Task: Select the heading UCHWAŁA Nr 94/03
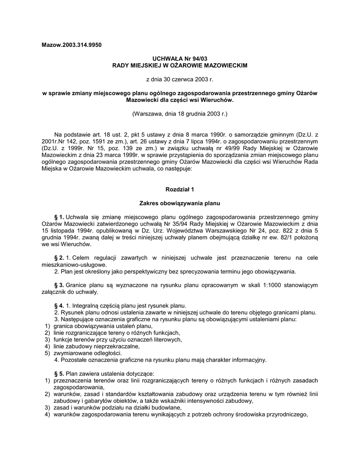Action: tap(180, 59)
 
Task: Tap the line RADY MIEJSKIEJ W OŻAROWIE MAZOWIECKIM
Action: tap(180, 66)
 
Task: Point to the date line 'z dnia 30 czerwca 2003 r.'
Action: tap(180, 79)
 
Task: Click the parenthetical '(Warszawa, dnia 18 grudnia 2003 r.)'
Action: tap(180, 113)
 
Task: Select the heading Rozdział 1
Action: tap(180, 189)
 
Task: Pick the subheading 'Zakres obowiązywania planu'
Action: tap(180, 203)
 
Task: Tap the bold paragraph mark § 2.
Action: tap(59, 258)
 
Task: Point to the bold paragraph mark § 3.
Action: tap(59, 285)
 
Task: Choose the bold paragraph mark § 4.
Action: tap(59, 305)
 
